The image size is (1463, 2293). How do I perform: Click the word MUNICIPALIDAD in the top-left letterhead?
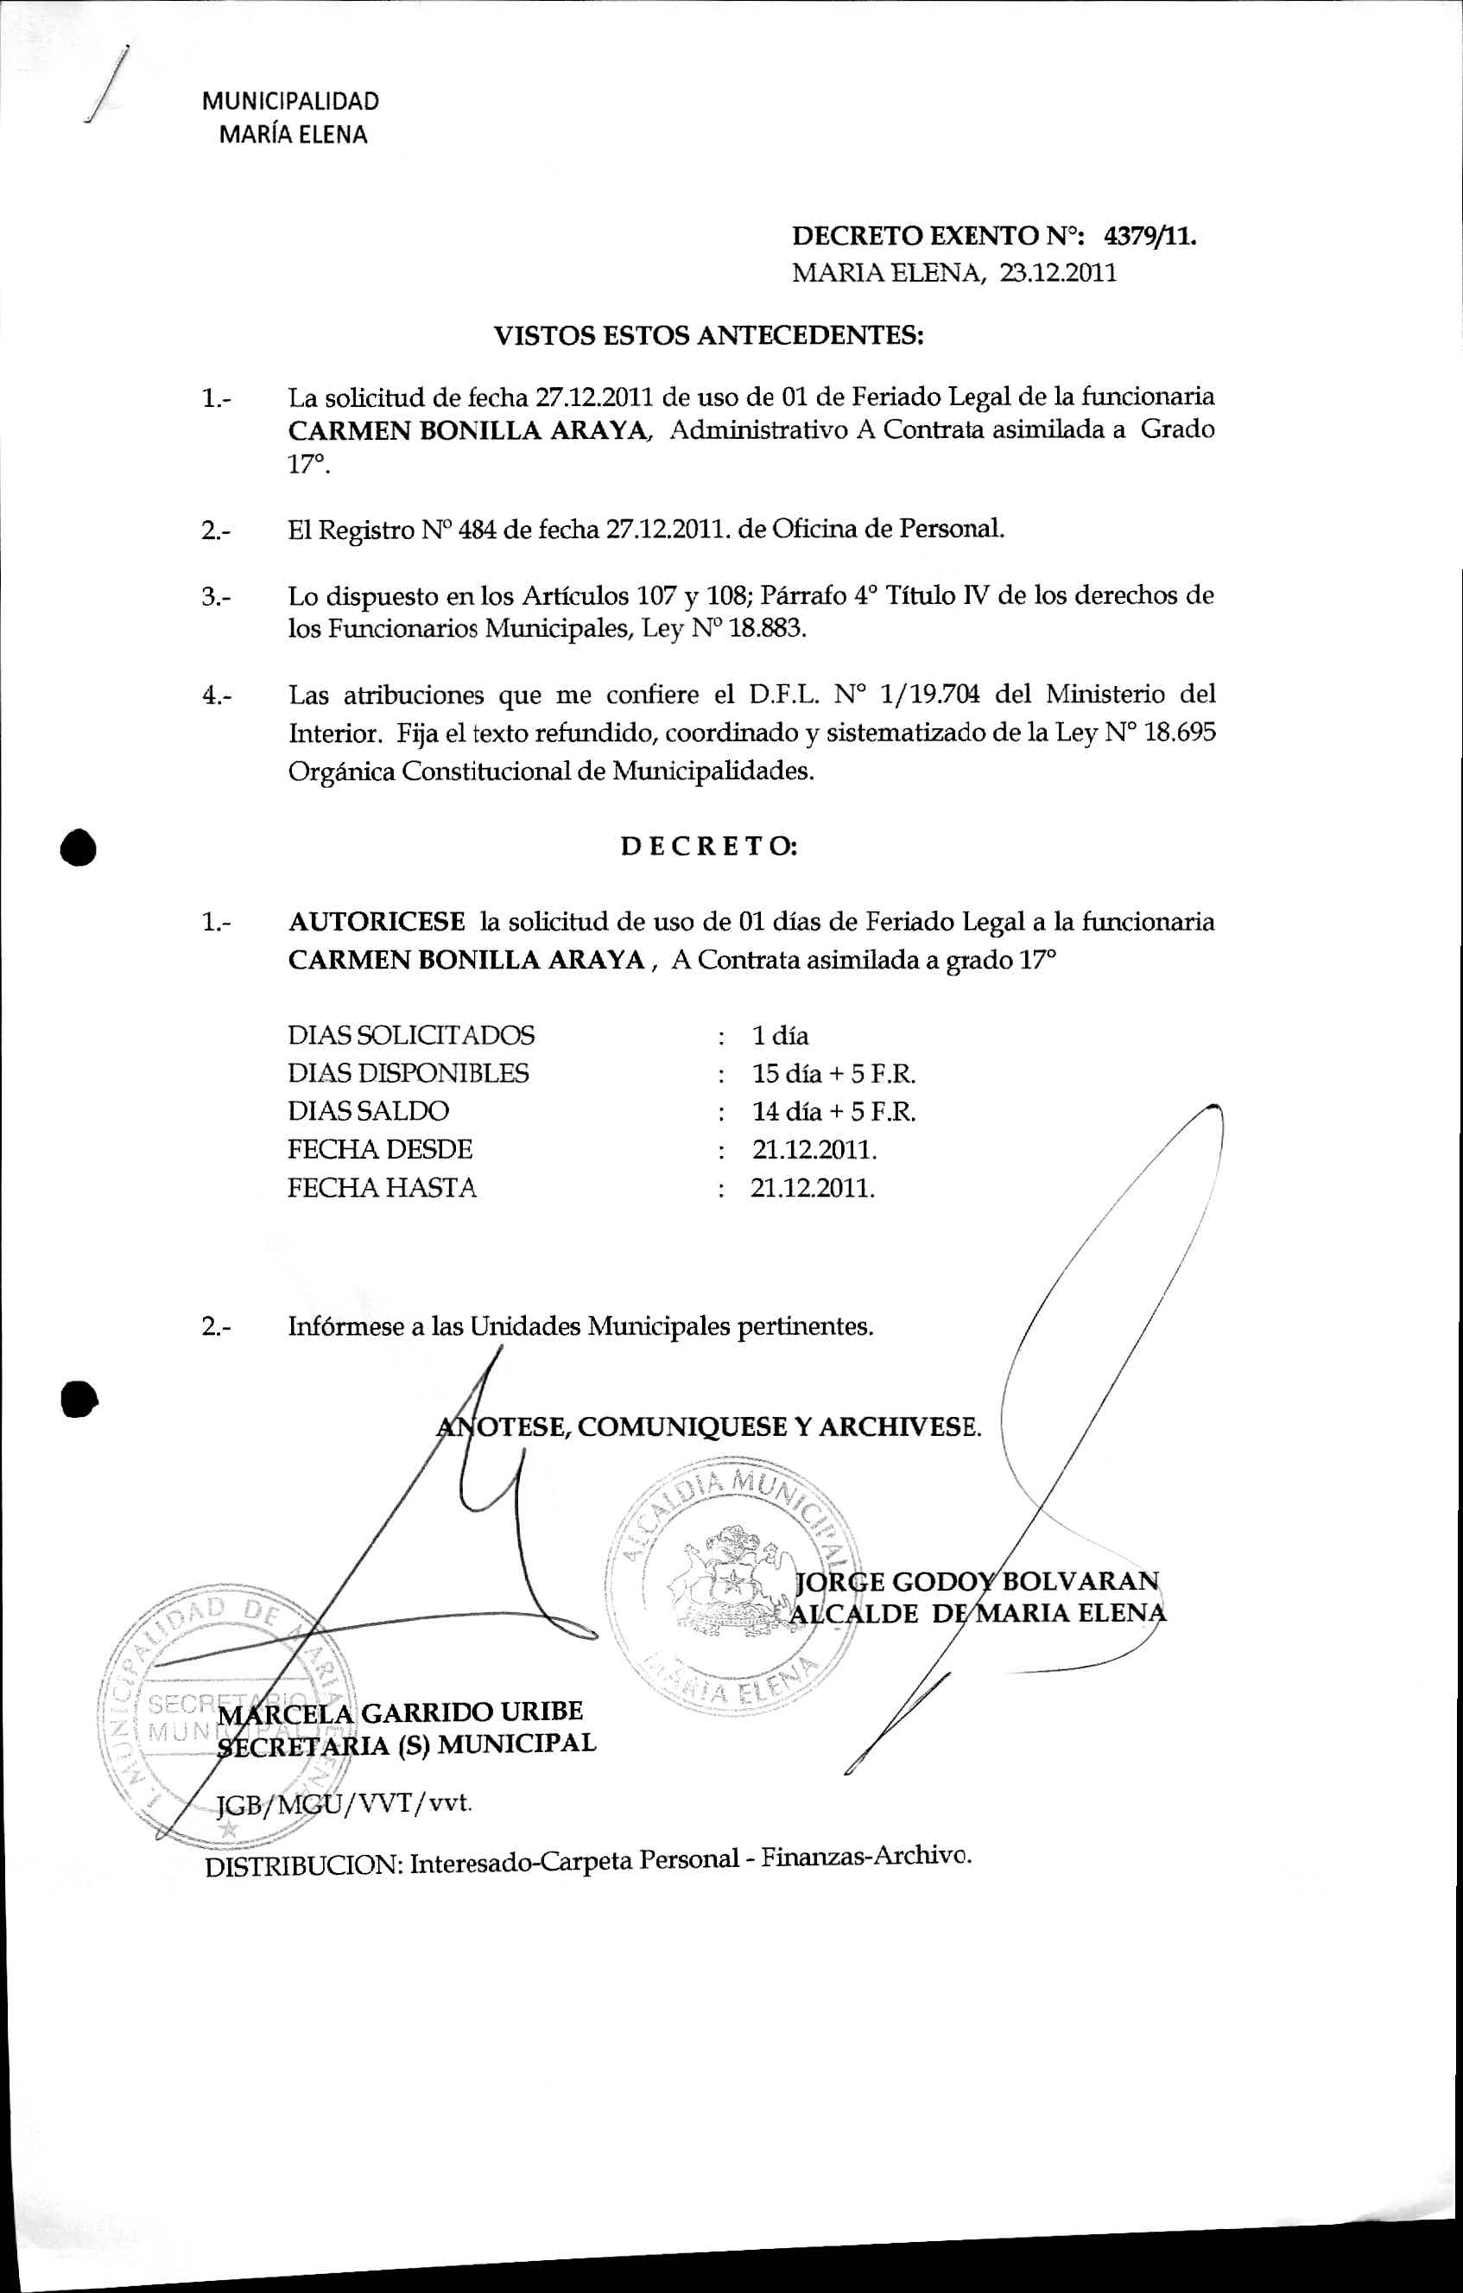coord(290,101)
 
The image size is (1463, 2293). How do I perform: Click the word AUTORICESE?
coord(377,922)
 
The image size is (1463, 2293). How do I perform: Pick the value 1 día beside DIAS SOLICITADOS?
coord(780,1035)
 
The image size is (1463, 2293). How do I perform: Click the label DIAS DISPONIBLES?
coord(408,1073)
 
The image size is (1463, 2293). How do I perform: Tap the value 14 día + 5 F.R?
coord(833,1111)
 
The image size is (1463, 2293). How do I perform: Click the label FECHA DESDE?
coord(380,1149)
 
